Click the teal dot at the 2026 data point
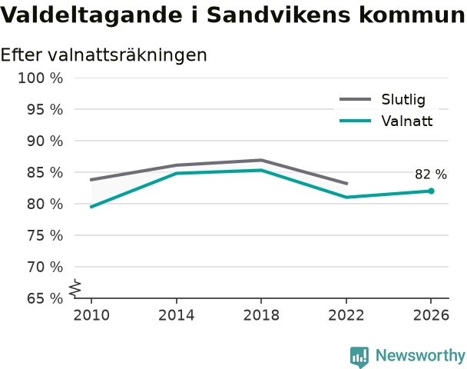pos(431,191)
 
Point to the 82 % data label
pos(431,175)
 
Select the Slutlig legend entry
pos(383,99)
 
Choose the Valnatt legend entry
pos(386,121)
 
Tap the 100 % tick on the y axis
pos(41,78)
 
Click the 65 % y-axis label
pos(45,298)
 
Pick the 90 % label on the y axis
pos(45,141)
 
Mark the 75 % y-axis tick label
pos(45,236)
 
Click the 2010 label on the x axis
pos(91,315)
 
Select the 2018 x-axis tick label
pos(261,315)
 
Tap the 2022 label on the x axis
pos(346,315)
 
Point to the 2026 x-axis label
pos(431,315)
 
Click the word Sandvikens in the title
pos(279,15)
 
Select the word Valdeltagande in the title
pos(91,15)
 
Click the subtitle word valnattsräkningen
pos(127,55)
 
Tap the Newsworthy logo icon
pos(359,357)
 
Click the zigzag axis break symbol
pos(75,288)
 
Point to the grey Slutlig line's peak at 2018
pos(261,161)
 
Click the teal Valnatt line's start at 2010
pos(91,207)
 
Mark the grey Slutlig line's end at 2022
pos(346,184)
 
